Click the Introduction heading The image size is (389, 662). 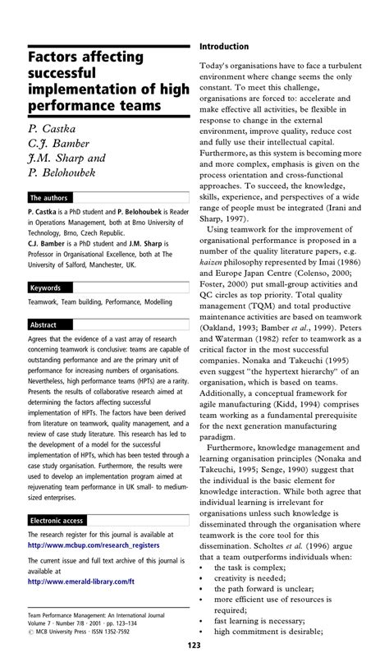point(224,47)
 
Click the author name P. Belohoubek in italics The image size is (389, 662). point(62,172)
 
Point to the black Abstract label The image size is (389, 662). point(45,325)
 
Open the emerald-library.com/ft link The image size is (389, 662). point(78,581)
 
